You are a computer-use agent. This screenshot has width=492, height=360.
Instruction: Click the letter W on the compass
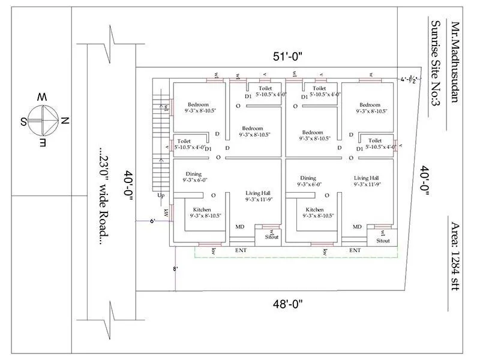[x=41, y=97]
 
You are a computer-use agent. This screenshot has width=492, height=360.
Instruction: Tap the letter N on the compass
[x=65, y=121]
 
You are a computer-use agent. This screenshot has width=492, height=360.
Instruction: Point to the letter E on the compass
[x=42, y=145]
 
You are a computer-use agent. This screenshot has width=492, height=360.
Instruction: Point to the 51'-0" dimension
[x=287, y=57]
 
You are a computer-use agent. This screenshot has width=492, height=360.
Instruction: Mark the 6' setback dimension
[x=152, y=222]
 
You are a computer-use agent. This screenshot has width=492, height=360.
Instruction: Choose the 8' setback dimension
[x=175, y=269]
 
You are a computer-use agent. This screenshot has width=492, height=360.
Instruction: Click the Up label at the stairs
[x=160, y=196]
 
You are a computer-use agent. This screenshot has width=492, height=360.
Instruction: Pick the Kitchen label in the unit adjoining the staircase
[x=202, y=209]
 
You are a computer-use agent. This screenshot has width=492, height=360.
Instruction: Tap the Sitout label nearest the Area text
[x=383, y=241]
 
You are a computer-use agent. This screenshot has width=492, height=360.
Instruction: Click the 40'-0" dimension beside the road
[x=128, y=187]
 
